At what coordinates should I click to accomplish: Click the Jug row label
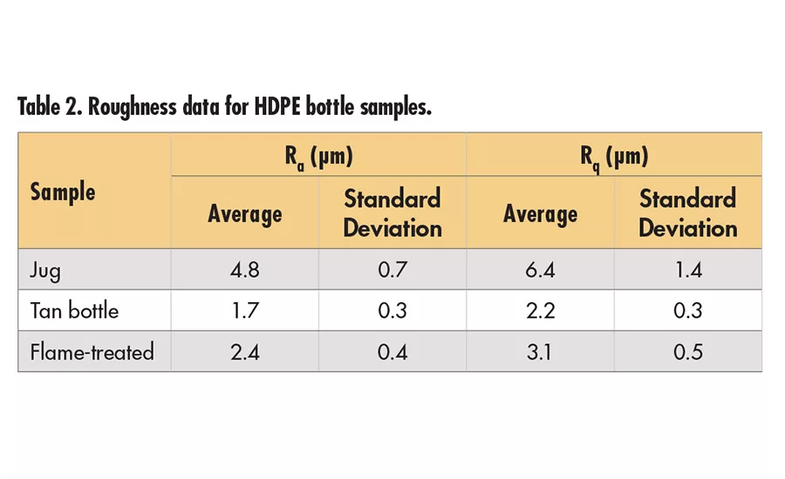pos(45,271)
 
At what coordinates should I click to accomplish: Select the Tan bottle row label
pos(74,311)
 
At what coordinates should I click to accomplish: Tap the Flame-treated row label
pos(92,352)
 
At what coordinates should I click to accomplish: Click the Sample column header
pos(63,192)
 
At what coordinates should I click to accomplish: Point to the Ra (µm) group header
pos(318,156)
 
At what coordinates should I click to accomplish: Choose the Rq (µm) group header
pos(614,156)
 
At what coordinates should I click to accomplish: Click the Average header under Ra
pos(245,213)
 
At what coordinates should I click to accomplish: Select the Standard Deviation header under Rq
pos(688,213)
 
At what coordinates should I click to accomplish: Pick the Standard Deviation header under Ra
pos(392,213)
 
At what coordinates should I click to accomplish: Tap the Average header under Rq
pos(541,213)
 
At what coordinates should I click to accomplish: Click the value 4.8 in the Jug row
pos(245,271)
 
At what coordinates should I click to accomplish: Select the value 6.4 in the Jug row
pos(541,271)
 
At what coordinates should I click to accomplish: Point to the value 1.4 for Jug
pos(688,271)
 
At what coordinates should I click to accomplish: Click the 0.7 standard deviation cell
pos(392,271)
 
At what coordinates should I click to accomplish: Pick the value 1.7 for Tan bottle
pos(245,311)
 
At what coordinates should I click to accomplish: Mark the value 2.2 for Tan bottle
pos(541,311)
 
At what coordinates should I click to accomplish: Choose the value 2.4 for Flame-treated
pos(245,352)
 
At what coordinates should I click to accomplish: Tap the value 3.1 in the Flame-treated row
pos(541,352)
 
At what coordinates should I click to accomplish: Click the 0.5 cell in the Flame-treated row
pos(688,352)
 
